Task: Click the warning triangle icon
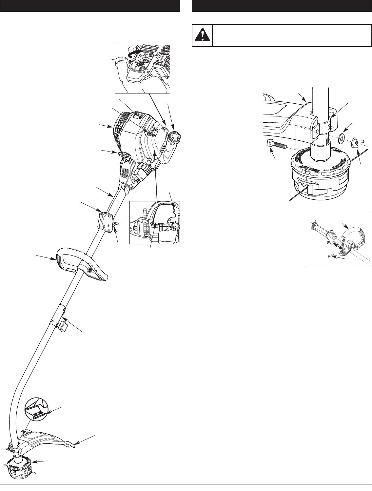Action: pyautogui.click(x=202, y=35)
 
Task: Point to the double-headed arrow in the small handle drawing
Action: pyautogui.click(x=337, y=246)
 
